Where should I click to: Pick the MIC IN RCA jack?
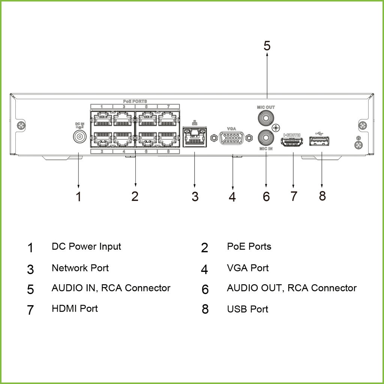[x=266, y=138]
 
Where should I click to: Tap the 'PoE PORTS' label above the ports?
[x=135, y=101]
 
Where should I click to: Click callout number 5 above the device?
[x=267, y=46]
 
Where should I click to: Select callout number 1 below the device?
[x=78, y=196]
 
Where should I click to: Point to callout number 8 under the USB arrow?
[x=322, y=195]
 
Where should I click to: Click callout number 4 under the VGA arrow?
[x=232, y=196]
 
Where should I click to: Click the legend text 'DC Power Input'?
[x=86, y=247]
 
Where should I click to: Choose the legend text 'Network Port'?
[x=80, y=268]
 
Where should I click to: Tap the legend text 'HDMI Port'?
[x=75, y=309]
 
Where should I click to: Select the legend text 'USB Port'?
[x=247, y=309]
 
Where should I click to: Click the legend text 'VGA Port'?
[x=248, y=268]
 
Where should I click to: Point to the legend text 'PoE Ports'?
[x=249, y=247]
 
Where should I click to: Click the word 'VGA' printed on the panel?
[x=231, y=128]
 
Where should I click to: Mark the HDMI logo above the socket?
[x=292, y=134]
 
